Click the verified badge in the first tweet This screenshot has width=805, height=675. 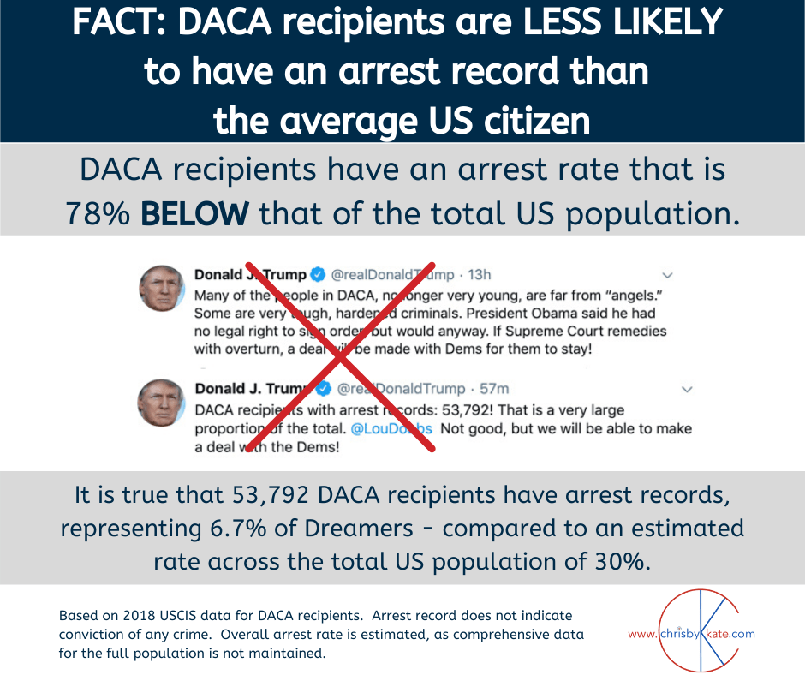(x=318, y=276)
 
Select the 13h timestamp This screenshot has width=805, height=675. (x=475, y=276)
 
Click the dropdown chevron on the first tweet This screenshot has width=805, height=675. (x=668, y=276)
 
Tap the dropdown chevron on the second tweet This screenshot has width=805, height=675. (x=687, y=390)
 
